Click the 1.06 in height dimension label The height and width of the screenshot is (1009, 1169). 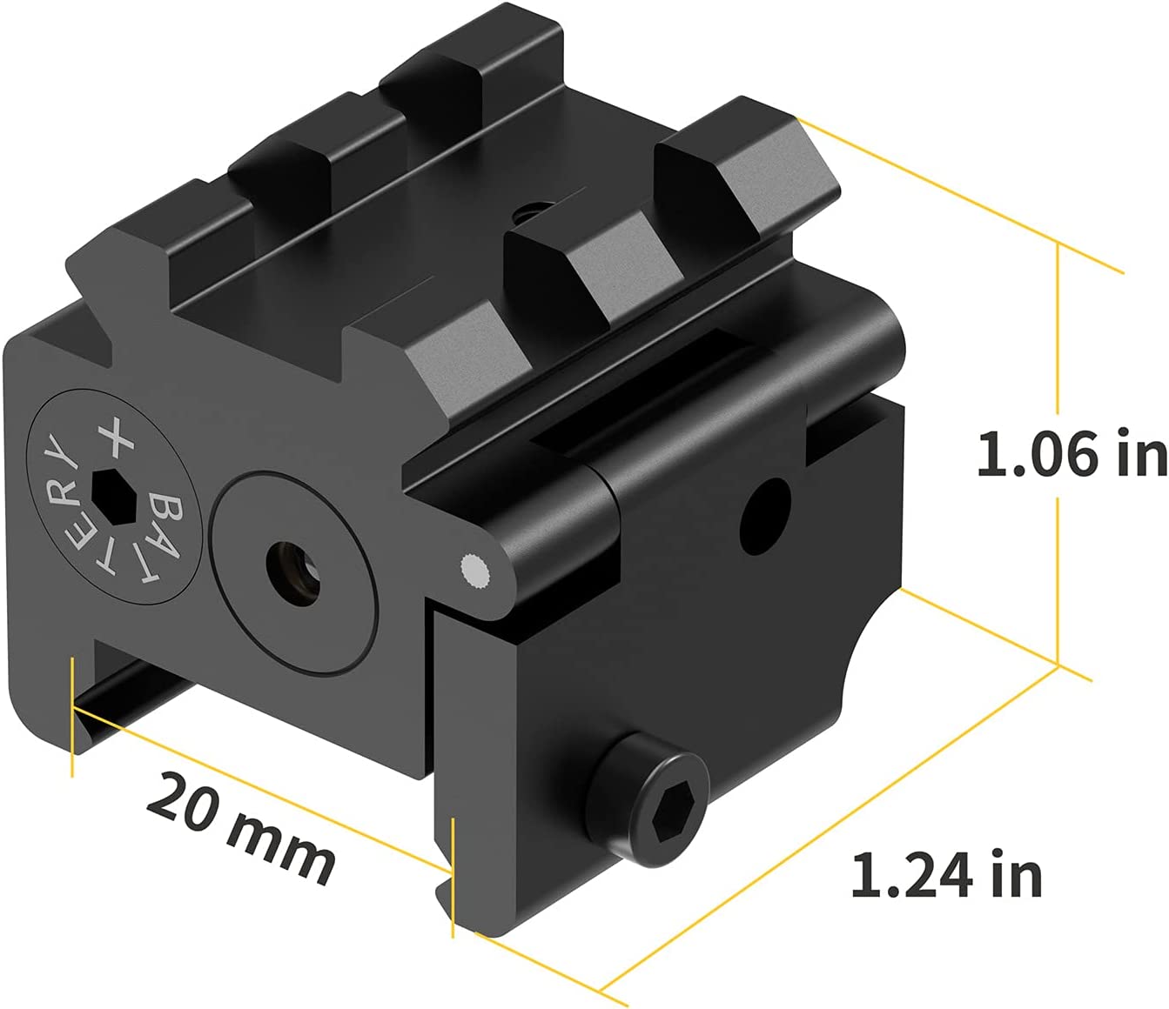tap(1071, 454)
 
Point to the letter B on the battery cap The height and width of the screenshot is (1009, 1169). tap(166, 507)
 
